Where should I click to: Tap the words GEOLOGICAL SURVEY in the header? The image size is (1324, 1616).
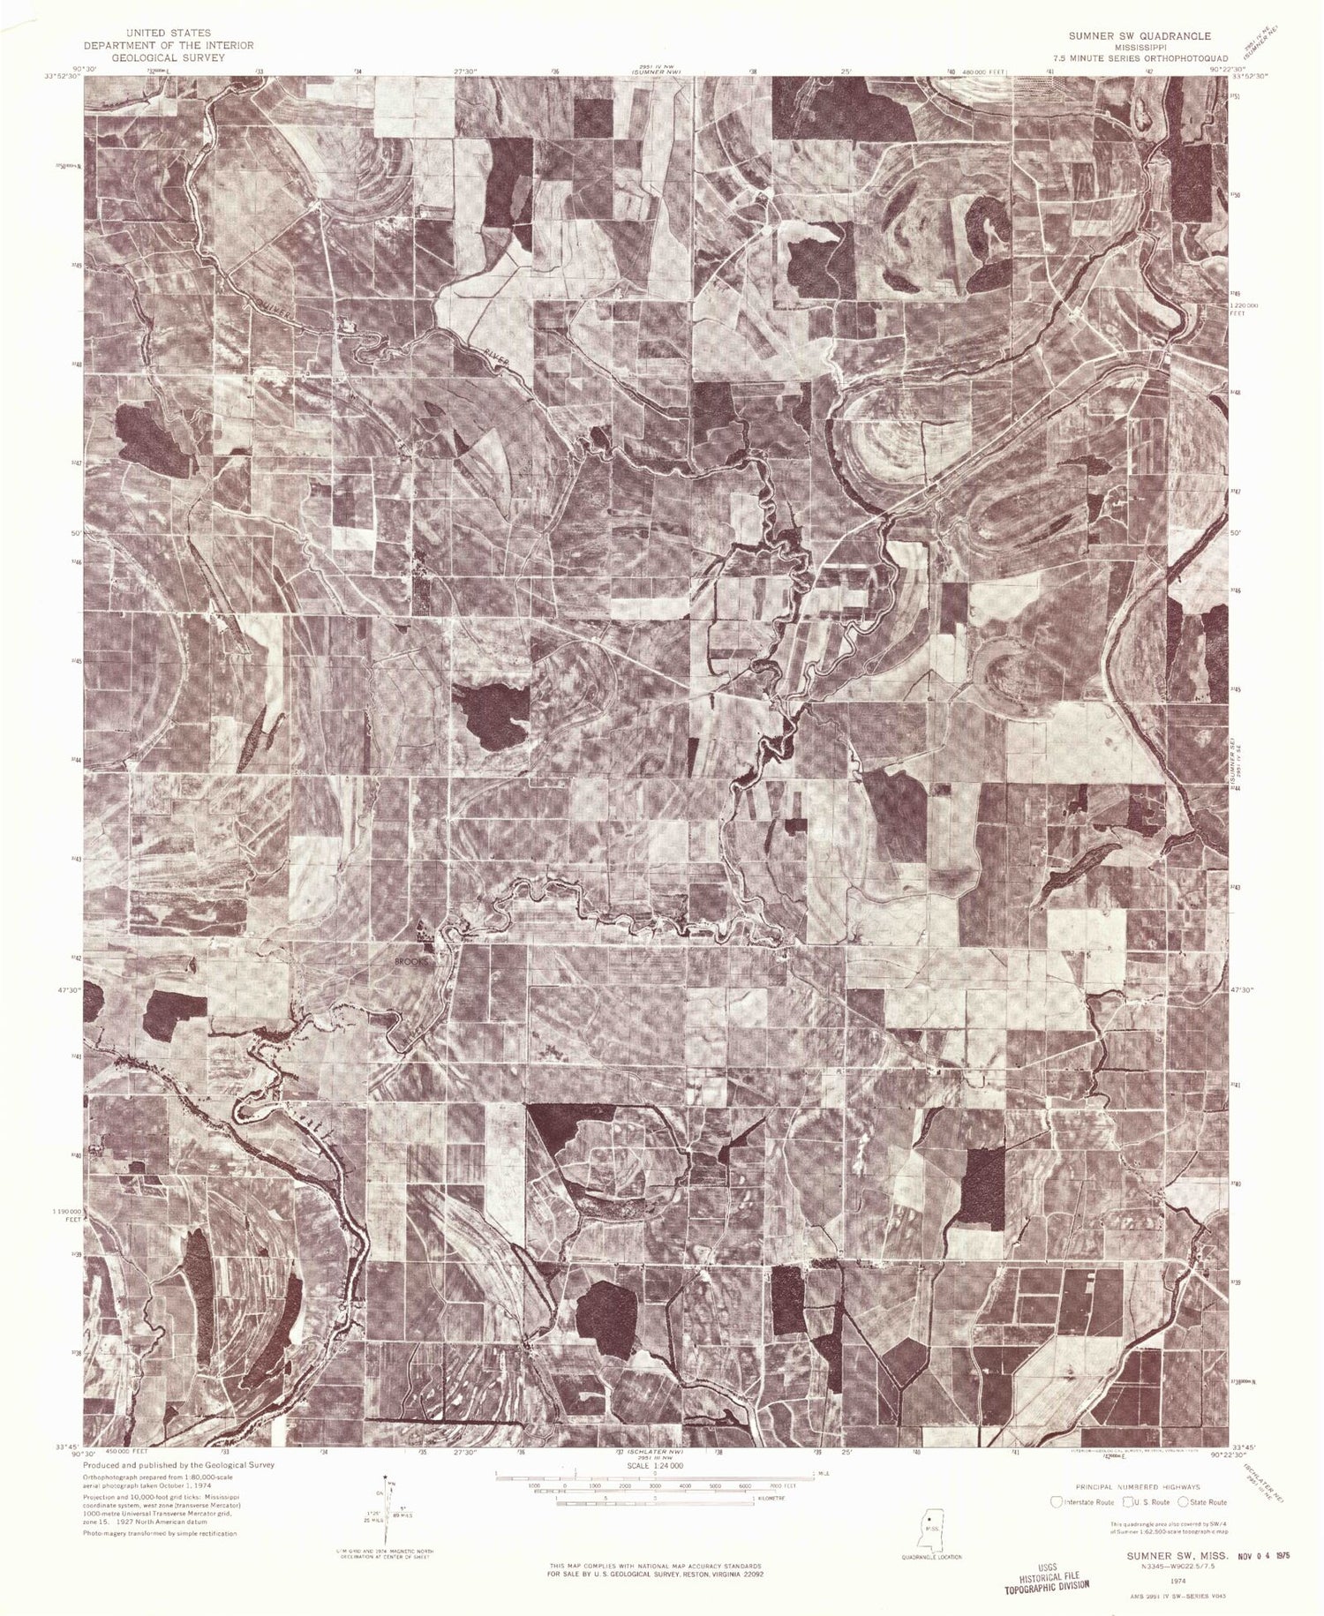coord(168,57)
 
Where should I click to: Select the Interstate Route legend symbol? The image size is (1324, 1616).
coord(1057,1502)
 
